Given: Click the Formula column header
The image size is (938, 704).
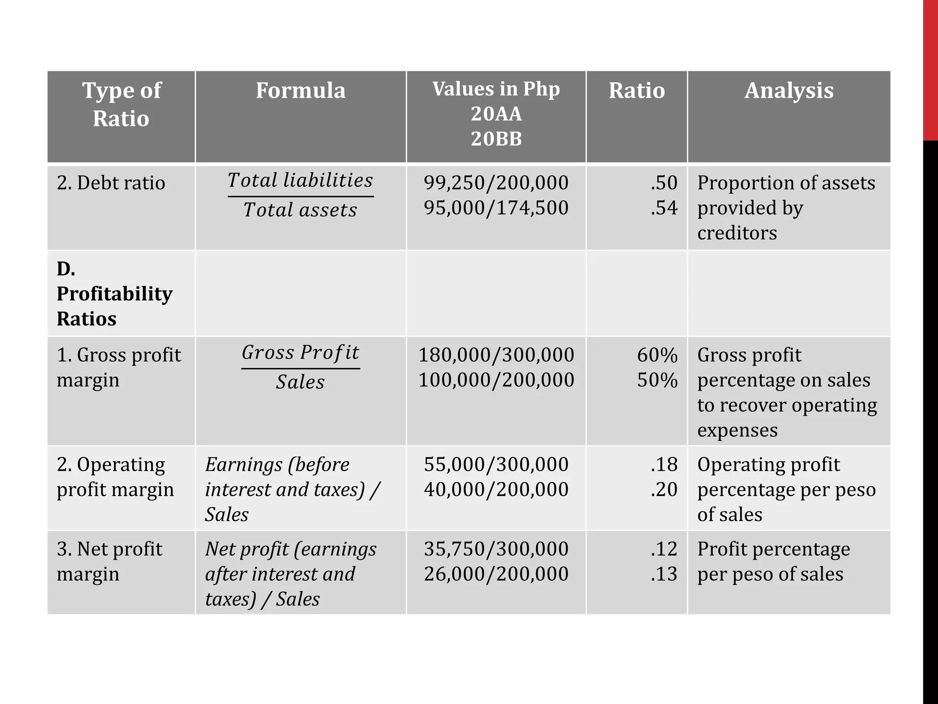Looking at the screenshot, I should pos(300,90).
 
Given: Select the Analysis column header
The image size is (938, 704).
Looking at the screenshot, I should pos(789,90).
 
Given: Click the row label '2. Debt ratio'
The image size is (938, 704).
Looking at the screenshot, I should pos(111,183).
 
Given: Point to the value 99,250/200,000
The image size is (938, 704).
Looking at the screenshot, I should pos(496,183).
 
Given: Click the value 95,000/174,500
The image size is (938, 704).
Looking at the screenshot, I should pos(496,208).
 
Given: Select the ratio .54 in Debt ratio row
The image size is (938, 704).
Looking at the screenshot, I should pos(664,208).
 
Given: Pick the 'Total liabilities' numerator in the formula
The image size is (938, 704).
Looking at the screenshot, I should pos(300,180).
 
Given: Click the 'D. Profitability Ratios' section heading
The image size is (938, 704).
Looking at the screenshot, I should pos(115,293).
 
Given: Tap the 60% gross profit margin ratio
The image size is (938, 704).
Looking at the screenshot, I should pos(657,355).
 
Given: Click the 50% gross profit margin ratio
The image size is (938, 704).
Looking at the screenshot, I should pos(657,380).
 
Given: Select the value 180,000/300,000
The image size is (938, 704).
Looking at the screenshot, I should pos(496,355).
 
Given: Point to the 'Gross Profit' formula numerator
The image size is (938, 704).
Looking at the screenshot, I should pos(300,352).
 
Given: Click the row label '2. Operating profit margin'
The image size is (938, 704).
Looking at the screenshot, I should pos(115,477).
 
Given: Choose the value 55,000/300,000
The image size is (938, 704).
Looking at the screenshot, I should pos(496,464).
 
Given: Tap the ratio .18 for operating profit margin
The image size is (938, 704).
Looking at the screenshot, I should pos(664,464).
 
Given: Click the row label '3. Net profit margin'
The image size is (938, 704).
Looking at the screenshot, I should pos(109,561).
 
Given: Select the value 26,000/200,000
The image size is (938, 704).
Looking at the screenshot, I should pos(496,574).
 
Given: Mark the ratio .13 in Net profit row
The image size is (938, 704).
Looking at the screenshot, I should pos(664,574).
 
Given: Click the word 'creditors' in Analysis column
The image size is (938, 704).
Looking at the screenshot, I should pos(737,233).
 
